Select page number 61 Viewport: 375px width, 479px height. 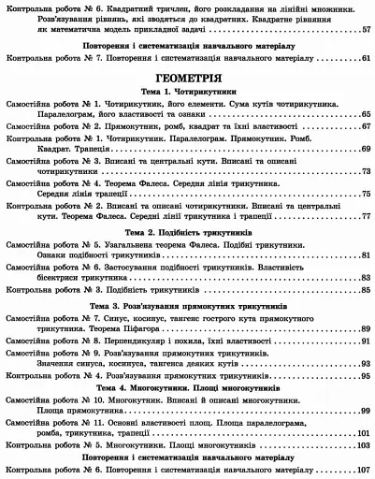pyautogui.click(x=364, y=57)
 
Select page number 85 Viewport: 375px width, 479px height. pyautogui.click(x=364, y=291)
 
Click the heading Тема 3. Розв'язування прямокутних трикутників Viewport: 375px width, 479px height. pyautogui.click(x=187, y=306)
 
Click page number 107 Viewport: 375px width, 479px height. pyautogui.click(x=364, y=471)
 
